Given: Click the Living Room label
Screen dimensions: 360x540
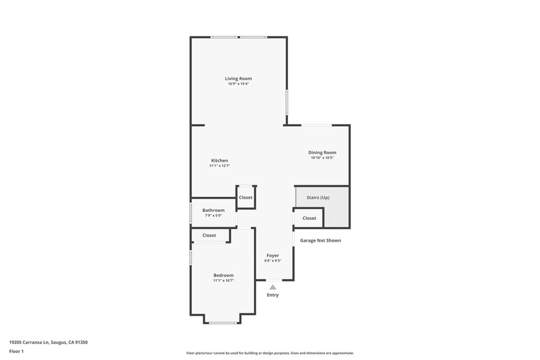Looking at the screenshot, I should [x=238, y=79].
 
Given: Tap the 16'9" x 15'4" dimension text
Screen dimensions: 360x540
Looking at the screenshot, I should [x=238, y=84].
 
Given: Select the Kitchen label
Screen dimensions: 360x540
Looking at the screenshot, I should [x=219, y=161].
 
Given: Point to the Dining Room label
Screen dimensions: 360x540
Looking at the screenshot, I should [x=322, y=153].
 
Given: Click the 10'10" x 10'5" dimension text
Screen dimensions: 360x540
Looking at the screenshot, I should [x=322, y=158].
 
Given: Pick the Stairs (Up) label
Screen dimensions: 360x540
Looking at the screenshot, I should [x=318, y=198].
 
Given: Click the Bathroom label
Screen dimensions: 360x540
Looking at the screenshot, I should [x=213, y=210].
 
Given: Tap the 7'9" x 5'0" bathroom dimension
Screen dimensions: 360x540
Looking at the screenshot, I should [x=213, y=216].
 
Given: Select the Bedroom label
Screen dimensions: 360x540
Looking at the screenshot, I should [x=223, y=275].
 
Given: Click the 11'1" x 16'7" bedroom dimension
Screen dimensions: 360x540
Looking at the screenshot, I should [x=223, y=280].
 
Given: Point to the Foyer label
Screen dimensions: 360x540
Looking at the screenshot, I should [x=273, y=256].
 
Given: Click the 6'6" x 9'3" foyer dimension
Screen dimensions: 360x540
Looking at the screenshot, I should [x=273, y=261].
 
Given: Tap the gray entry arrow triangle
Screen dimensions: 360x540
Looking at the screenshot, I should [x=273, y=287].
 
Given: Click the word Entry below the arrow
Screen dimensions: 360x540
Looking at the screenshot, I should [x=273, y=295].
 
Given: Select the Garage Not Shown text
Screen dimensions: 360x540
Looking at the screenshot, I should [x=321, y=241].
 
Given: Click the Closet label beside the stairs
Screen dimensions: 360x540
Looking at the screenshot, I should [x=309, y=218].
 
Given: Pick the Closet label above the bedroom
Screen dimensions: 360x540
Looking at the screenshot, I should [x=209, y=236].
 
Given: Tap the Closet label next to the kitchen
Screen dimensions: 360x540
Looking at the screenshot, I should [x=246, y=198].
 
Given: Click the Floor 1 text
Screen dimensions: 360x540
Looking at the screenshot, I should [x=16, y=351].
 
